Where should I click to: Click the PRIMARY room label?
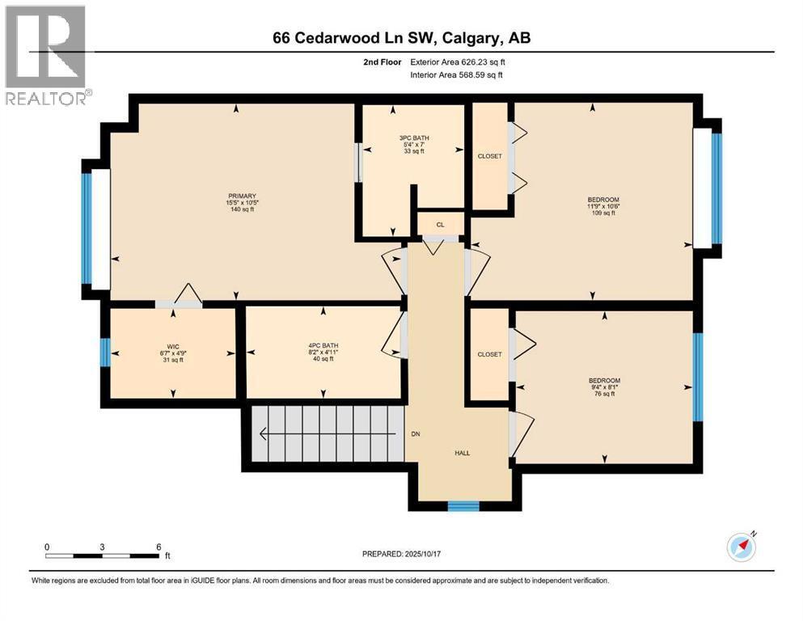242,196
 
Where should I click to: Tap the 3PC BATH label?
413,137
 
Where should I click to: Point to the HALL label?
462,453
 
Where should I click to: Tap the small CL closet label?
441,224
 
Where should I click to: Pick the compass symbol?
742,547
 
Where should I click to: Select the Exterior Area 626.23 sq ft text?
462,61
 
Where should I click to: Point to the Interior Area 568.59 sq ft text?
462,75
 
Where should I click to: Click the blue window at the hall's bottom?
463,506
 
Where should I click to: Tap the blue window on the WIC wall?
104,353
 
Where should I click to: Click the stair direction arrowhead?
262,434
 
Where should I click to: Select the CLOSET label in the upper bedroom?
489,156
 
